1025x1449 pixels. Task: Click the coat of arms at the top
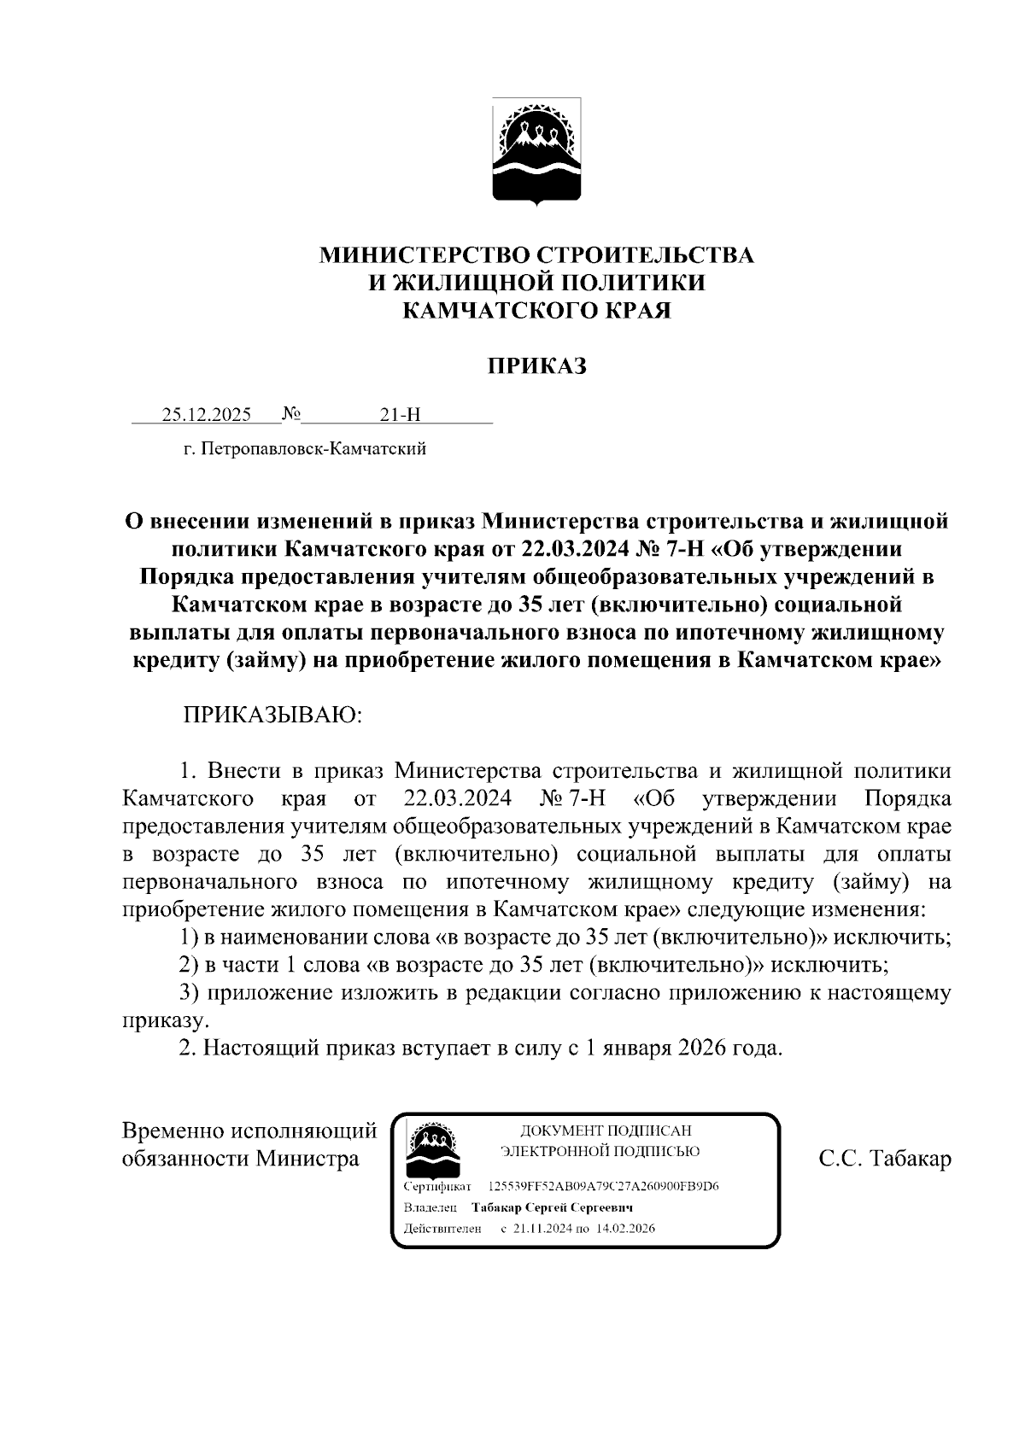pos(536,151)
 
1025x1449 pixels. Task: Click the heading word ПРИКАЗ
pos(536,367)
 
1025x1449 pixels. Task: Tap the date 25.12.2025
pos(207,416)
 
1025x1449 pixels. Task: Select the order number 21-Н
pos(401,416)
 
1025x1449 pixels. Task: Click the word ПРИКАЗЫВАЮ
pos(272,715)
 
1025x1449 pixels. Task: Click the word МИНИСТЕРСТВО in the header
pos(425,255)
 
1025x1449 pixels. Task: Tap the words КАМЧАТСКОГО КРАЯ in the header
pos(536,310)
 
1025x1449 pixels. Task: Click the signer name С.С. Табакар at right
pos(884,1160)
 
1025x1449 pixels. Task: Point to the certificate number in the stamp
pos(604,1187)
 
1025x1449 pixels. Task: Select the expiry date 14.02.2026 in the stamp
pos(626,1229)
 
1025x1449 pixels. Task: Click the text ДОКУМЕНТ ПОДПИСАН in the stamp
pos(600,1131)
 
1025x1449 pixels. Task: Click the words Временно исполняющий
pos(249,1131)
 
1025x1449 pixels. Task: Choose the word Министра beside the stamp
pos(309,1160)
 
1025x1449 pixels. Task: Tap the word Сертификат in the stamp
pos(437,1187)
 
